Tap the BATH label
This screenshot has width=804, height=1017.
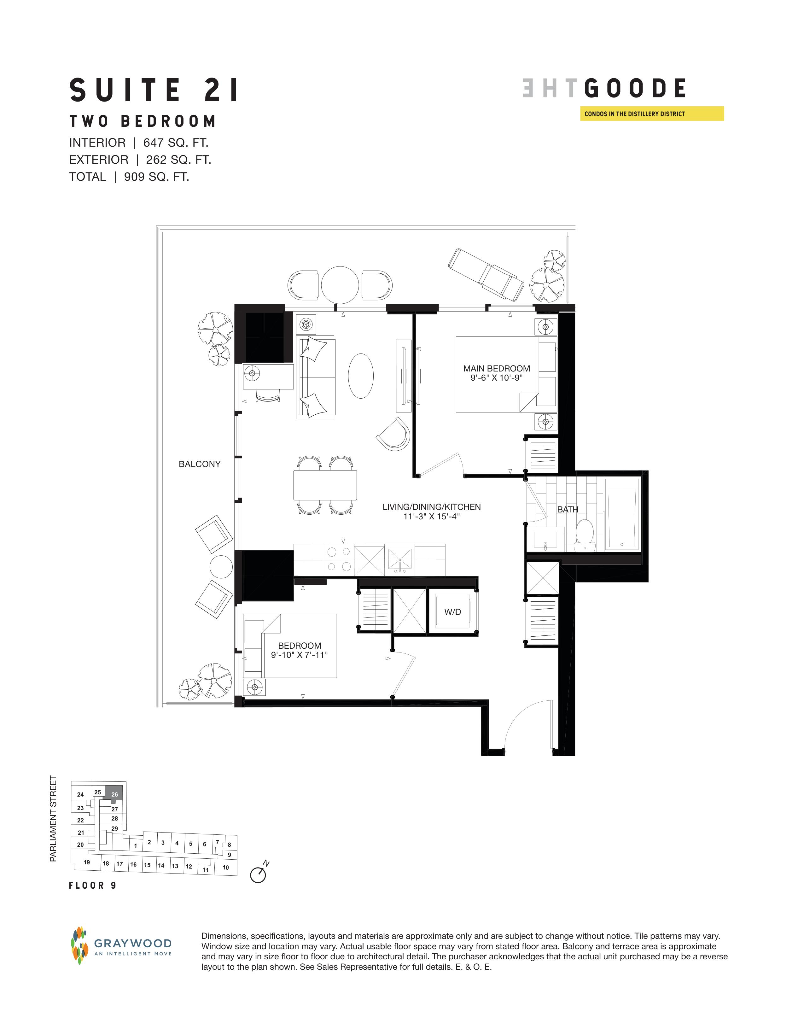[x=568, y=509]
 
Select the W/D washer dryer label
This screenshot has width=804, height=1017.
[x=452, y=612]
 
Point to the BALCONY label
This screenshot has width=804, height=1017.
[x=200, y=464]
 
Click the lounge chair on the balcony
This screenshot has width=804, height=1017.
[x=486, y=275]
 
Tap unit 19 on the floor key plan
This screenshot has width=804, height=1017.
[x=87, y=862]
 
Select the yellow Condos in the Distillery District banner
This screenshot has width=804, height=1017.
[x=652, y=114]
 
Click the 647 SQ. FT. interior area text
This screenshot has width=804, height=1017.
[x=176, y=143]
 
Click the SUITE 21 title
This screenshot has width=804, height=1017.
[x=154, y=91]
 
